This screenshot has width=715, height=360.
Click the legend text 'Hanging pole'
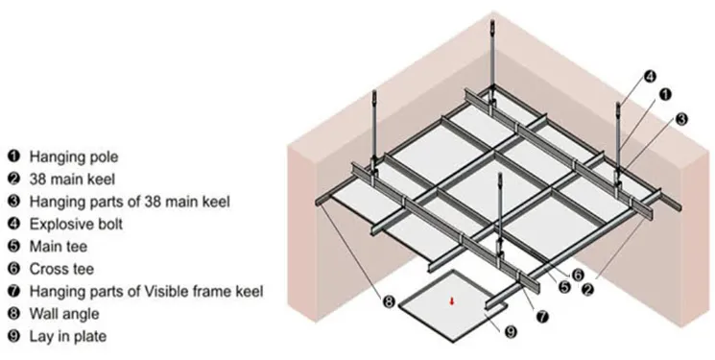tap(70, 156)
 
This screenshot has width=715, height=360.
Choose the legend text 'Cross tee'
tap(60, 268)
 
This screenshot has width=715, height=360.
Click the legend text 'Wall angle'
tap(62, 313)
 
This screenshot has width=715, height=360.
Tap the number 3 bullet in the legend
tap(13, 201)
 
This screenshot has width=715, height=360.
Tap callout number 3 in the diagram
tap(681, 119)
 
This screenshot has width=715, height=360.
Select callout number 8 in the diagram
tap(389, 301)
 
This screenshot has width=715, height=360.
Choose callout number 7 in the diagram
tap(542, 314)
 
